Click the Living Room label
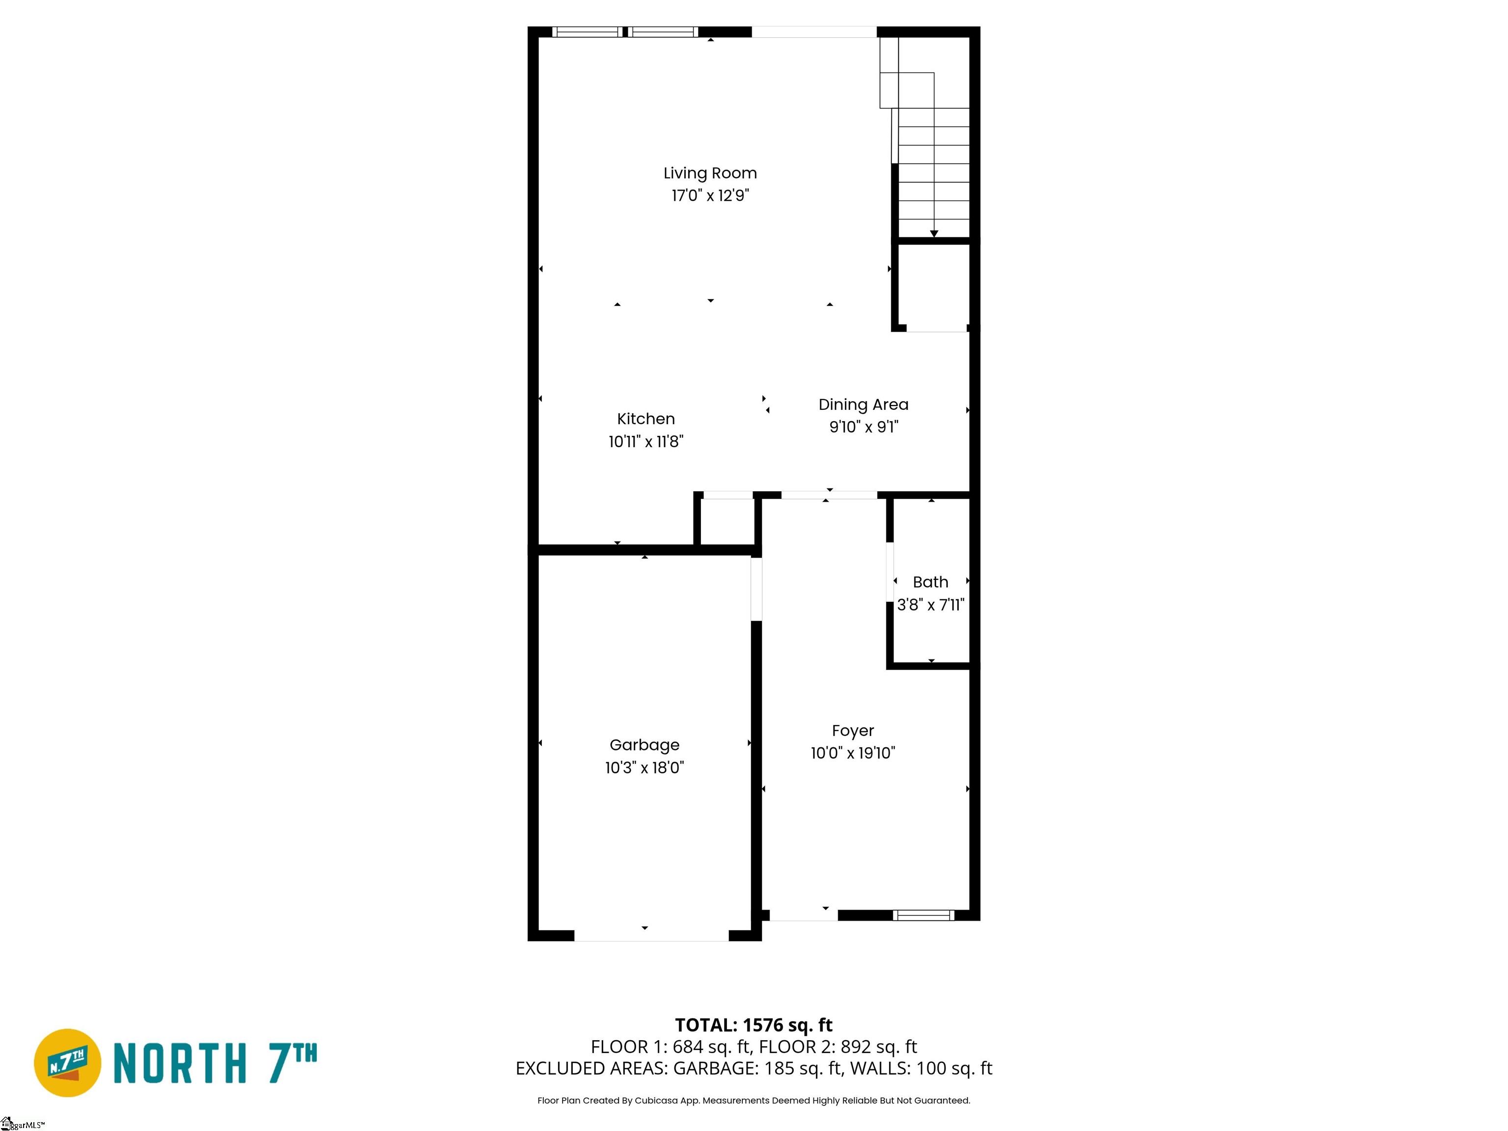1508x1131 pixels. pos(710,173)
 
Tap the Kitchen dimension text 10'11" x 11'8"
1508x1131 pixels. pos(646,442)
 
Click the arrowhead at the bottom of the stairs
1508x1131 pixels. pos(934,234)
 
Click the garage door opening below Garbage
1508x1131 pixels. pos(652,937)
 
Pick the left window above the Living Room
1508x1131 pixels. pos(587,32)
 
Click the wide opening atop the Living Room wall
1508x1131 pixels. pos(814,32)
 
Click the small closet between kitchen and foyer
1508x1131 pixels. pos(727,521)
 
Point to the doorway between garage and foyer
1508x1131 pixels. pos(756,589)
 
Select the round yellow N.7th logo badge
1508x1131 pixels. pos(67,1063)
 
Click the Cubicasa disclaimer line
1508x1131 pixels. pos(754,1101)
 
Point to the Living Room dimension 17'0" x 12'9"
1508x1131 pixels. pos(710,196)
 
